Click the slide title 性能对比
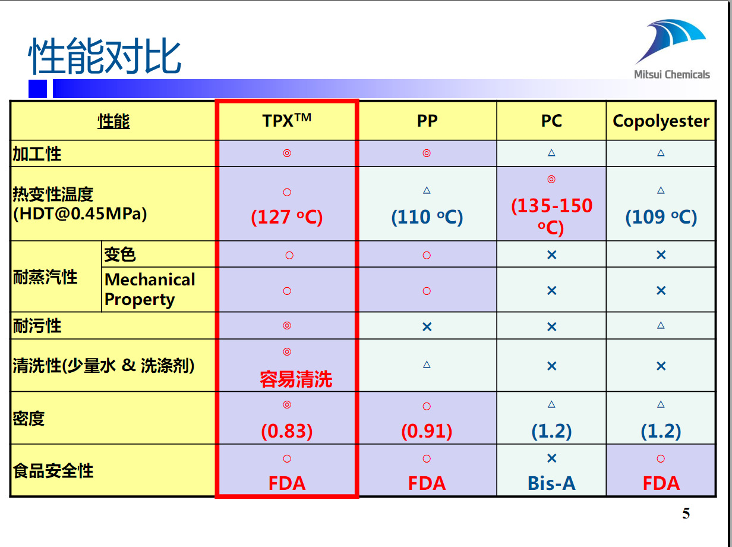pyautogui.click(x=105, y=56)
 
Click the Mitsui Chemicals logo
pyautogui.click(x=671, y=51)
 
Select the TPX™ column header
pyautogui.click(x=287, y=121)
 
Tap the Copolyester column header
pyautogui.click(x=661, y=121)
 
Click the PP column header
pyautogui.click(x=427, y=121)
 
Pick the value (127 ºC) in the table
pyautogui.click(x=287, y=217)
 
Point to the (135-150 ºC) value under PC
pyautogui.click(x=551, y=216)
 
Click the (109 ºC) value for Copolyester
pyautogui.click(x=661, y=217)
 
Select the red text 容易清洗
pyautogui.click(x=296, y=379)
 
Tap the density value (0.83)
pyautogui.click(x=287, y=431)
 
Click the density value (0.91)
pyautogui.click(x=427, y=431)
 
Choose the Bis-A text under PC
pyautogui.click(x=551, y=483)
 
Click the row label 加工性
pyautogui.click(x=37, y=154)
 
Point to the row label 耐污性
pyautogui.click(x=37, y=326)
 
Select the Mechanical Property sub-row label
pyautogui.click(x=150, y=290)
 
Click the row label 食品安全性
pyautogui.click(x=53, y=471)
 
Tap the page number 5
pyautogui.click(x=686, y=514)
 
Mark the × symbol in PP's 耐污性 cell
pyautogui.click(x=427, y=326)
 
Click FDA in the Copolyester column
pyautogui.click(x=661, y=483)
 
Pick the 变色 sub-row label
pyautogui.click(x=120, y=254)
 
